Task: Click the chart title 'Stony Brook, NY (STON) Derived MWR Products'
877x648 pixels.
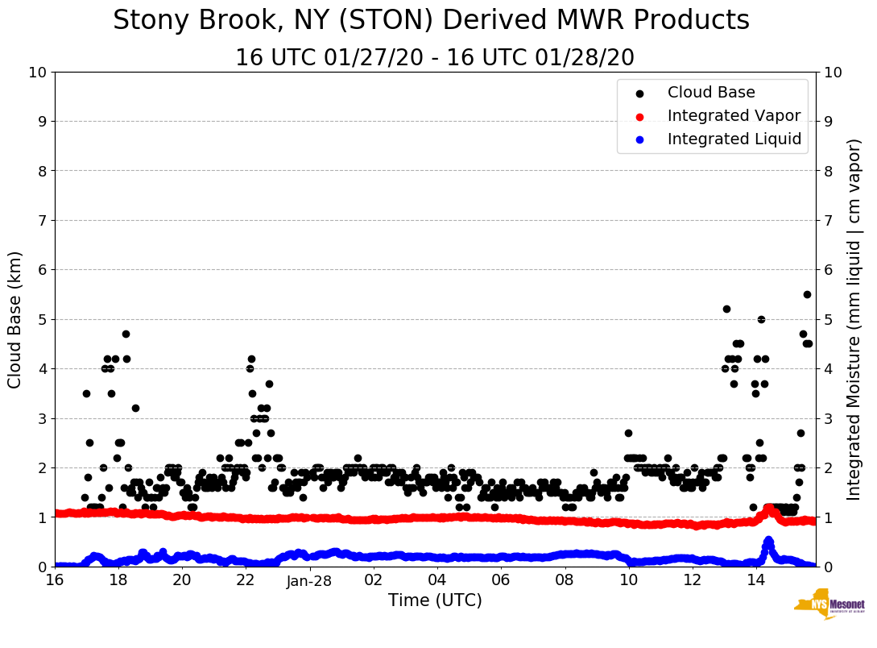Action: [431, 21]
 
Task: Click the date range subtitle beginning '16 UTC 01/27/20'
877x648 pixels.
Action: [435, 58]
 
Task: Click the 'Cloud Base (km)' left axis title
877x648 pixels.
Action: [15, 319]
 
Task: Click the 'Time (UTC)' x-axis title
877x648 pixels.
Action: [435, 600]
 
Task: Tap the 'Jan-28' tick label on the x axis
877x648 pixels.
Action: [309, 579]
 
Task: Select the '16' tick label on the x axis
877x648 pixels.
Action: [55, 579]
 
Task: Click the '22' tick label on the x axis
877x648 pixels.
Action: [246, 579]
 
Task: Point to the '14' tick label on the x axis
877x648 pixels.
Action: [755, 579]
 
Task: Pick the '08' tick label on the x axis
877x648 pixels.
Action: [565, 579]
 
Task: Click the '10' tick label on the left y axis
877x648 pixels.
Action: [38, 73]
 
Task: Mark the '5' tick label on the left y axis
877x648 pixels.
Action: [42, 319]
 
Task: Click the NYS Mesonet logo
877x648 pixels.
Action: [829, 604]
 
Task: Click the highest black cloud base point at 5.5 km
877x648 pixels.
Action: [807, 294]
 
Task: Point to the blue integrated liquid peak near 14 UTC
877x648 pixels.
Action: [768, 540]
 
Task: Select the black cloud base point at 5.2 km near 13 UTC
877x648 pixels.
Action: [726, 309]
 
